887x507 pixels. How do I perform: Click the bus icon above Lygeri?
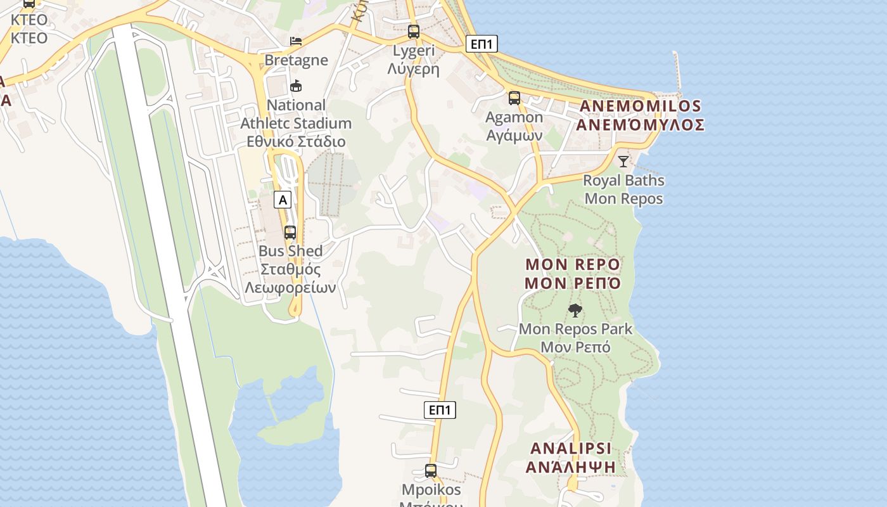coord(414,31)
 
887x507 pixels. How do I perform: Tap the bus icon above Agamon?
coord(514,98)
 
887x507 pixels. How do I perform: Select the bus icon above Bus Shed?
coord(290,232)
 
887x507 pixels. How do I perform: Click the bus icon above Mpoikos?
coord(431,471)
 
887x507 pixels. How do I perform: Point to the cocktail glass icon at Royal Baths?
coord(623,161)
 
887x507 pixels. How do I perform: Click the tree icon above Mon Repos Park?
coord(575,311)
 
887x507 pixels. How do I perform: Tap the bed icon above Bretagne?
coord(296,41)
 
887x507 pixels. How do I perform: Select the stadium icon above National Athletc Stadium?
coord(296,86)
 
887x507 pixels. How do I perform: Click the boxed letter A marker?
coord(283,200)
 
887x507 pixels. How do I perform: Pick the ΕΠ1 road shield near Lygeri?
coord(482,44)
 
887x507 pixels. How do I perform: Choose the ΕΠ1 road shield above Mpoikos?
coord(440,410)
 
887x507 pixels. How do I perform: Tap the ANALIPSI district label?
coord(571,449)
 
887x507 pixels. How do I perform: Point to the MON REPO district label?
coord(573,264)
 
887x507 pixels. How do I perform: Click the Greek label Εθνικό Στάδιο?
coord(296,141)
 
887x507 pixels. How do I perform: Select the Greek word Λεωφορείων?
coord(291,288)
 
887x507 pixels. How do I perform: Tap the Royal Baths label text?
coord(623,181)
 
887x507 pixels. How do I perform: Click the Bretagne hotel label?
coord(297,60)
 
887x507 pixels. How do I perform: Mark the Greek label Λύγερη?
coord(414,69)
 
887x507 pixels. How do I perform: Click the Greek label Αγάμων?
coord(514,136)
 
